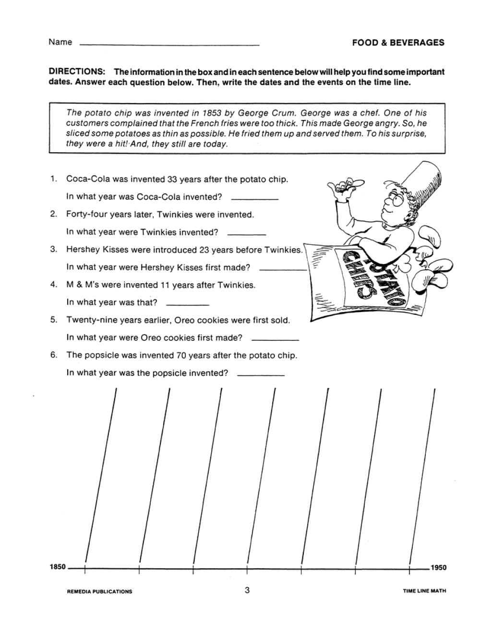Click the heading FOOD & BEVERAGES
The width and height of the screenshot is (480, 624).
click(398, 43)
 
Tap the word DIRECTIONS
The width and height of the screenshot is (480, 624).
click(77, 72)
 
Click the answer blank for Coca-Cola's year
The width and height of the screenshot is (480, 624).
click(254, 198)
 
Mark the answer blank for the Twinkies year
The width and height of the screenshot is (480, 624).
click(246, 234)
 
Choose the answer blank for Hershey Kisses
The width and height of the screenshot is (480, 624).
click(282, 269)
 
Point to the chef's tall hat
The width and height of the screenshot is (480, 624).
click(422, 184)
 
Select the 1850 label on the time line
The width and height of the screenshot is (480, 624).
click(57, 567)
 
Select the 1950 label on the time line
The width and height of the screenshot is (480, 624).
click(438, 568)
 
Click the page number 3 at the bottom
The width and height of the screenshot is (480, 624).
click(247, 590)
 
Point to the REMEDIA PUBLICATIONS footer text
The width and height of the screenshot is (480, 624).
click(99, 591)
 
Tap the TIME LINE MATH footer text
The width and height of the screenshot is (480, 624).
click(424, 591)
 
